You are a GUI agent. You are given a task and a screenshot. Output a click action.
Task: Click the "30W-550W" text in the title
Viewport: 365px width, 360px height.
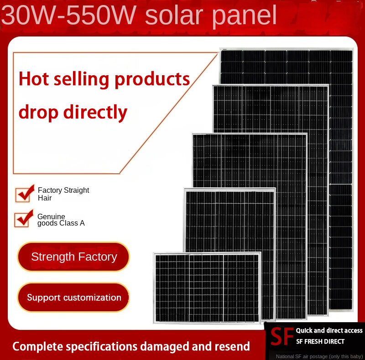click(69, 15)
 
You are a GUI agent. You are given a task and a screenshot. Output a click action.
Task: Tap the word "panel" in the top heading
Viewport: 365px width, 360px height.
click(245, 16)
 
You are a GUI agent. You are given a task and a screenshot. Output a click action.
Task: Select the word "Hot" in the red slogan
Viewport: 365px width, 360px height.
click(34, 79)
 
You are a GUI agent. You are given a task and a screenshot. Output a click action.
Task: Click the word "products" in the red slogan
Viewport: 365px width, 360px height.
click(152, 80)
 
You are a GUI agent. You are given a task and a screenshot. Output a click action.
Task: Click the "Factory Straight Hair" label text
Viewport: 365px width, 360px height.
click(63, 194)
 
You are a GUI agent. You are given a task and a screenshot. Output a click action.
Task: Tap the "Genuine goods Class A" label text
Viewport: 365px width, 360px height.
click(61, 220)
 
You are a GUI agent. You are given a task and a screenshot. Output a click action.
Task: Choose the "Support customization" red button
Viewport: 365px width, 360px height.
click(73, 298)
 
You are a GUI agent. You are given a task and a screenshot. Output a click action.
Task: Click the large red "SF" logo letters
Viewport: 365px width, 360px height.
click(282, 336)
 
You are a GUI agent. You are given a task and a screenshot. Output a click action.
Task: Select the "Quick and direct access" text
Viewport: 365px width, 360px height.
click(329, 330)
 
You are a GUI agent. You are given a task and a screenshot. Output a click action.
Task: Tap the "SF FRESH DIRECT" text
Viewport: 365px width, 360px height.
click(320, 341)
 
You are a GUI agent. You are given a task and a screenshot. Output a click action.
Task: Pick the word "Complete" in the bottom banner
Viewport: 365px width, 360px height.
click(38, 347)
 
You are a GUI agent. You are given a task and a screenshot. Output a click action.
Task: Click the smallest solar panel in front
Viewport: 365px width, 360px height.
click(207, 288)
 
